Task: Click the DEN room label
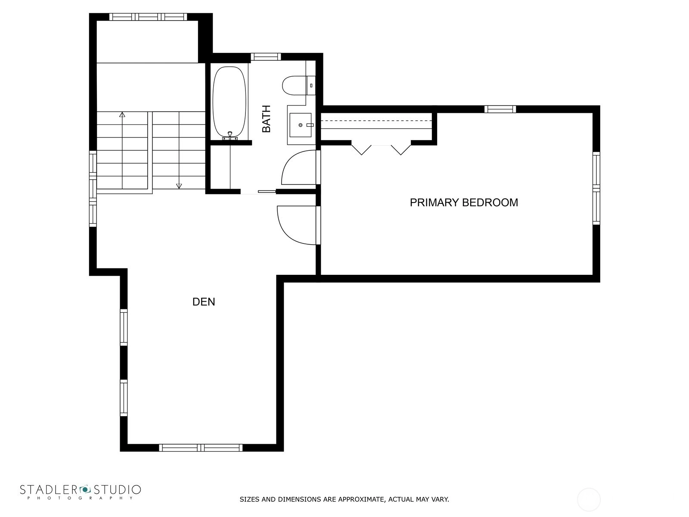(203, 302)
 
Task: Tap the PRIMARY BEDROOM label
(464, 202)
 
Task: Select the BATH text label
(266, 118)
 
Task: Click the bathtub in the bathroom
(229, 103)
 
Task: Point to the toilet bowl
(294, 85)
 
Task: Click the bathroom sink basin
(301, 125)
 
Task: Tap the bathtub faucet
(230, 136)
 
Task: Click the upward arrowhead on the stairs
(122, 115)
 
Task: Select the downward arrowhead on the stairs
(179, 186)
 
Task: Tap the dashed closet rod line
(376, 121)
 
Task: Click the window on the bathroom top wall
(266, 57)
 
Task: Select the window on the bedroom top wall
(500, 109)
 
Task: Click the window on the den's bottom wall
(201, 448)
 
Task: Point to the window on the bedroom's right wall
(596, 188)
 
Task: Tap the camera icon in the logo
(85, 489)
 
